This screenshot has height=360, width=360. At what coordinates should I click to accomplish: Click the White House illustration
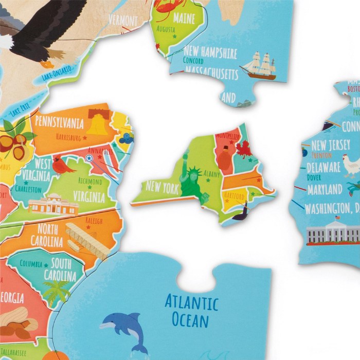(x=333, y=233)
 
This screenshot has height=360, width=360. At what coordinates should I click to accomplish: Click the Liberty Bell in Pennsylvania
(x=97, y=123)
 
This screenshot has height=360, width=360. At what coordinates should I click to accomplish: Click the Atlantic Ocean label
(x=191, y=311)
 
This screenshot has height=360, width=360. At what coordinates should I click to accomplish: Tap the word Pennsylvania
(x=59, y=122)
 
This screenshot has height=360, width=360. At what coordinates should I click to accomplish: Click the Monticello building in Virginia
(x=53, y=205)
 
